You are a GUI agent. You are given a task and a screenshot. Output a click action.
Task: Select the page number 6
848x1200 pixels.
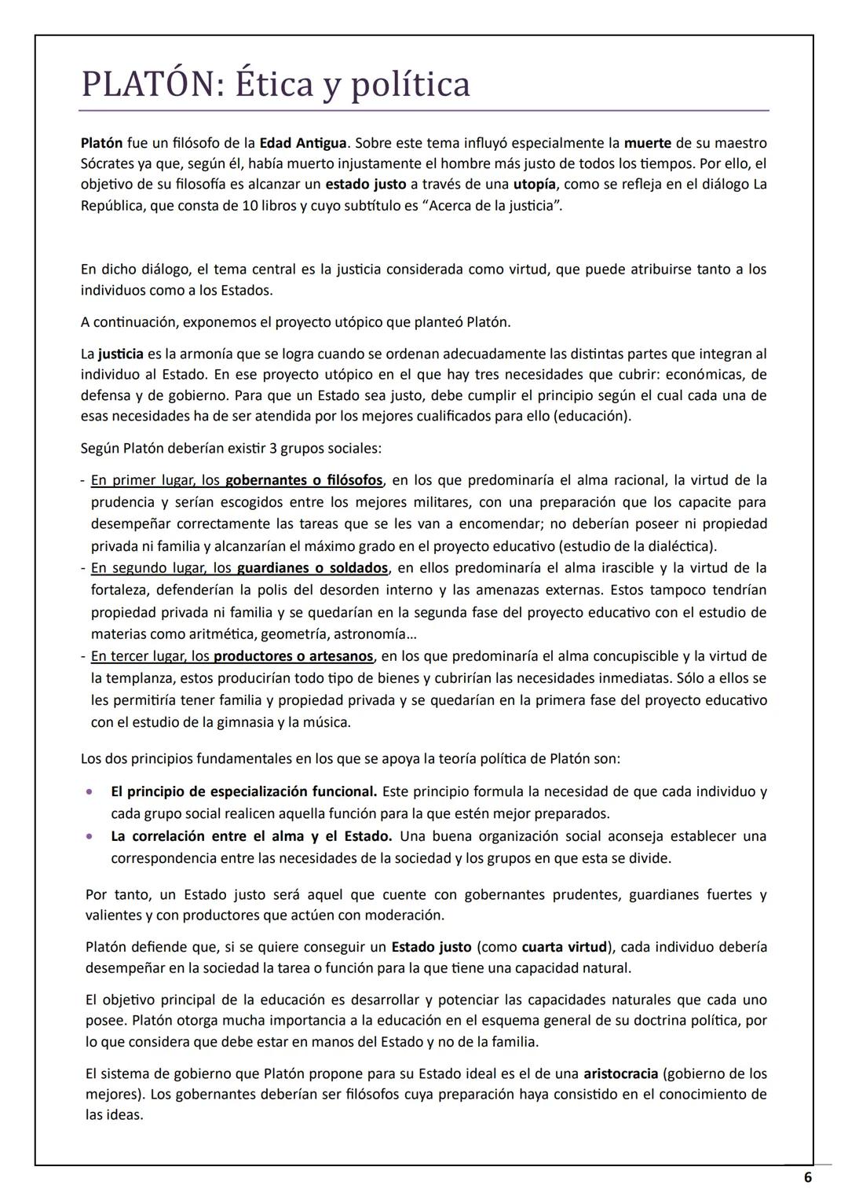tap(807, 1177)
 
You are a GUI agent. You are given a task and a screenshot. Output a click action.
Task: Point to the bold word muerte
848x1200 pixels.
tap(647, 143)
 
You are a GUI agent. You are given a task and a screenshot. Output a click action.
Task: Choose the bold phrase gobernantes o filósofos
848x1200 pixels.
tap(304, 480)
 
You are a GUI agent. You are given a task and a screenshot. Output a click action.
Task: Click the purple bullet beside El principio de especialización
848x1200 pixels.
tap(91, 791)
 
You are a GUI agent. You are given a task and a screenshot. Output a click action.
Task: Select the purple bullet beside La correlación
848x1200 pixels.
tap(91, 836)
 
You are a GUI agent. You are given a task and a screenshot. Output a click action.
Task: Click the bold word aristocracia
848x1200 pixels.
tap(620, 1073)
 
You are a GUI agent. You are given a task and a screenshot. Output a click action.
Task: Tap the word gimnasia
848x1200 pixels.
tap(228, 722)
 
